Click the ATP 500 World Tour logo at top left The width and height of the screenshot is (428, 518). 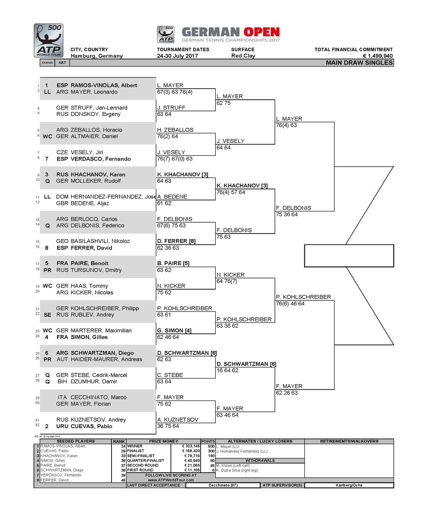point(48,40)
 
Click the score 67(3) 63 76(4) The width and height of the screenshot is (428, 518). point(172,92)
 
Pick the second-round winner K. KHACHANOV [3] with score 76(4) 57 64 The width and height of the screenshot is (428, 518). point(242,186)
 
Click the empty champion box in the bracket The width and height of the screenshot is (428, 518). point(349,256)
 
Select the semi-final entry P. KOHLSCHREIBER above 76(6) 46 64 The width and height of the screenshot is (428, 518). point(303,297)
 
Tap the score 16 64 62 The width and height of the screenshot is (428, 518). point(227,370)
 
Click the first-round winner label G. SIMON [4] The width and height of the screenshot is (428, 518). point(174,330)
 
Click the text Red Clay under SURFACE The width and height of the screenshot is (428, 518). point(243,56)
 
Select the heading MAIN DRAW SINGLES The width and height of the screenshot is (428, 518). point(359,63)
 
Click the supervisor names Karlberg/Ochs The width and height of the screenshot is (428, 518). point(349,485)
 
